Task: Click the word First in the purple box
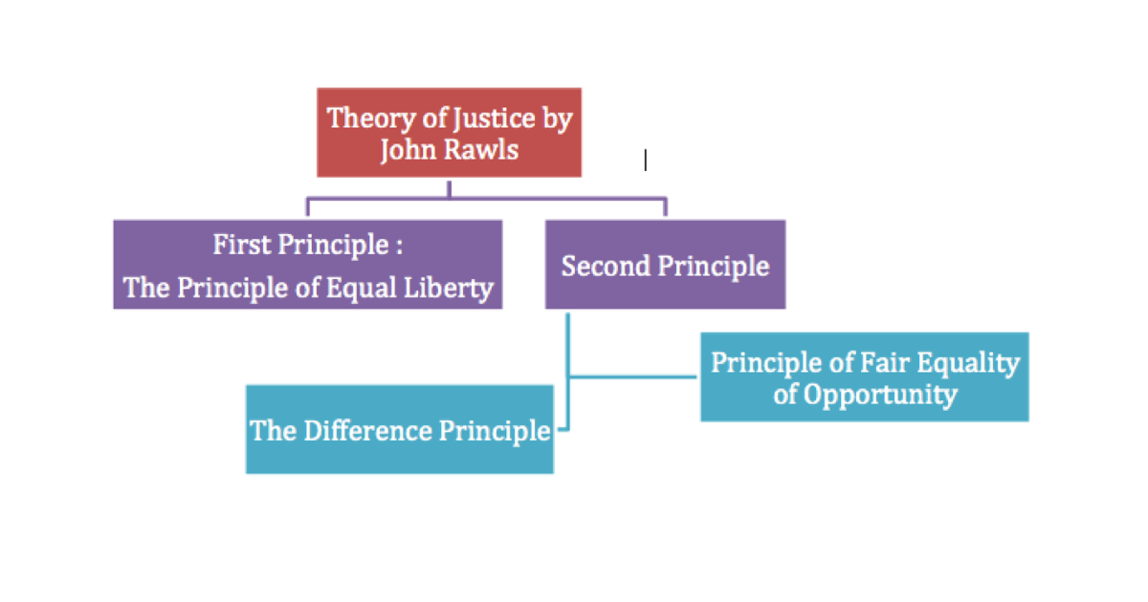coord(241,245)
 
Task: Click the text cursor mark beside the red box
coord(646,161)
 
